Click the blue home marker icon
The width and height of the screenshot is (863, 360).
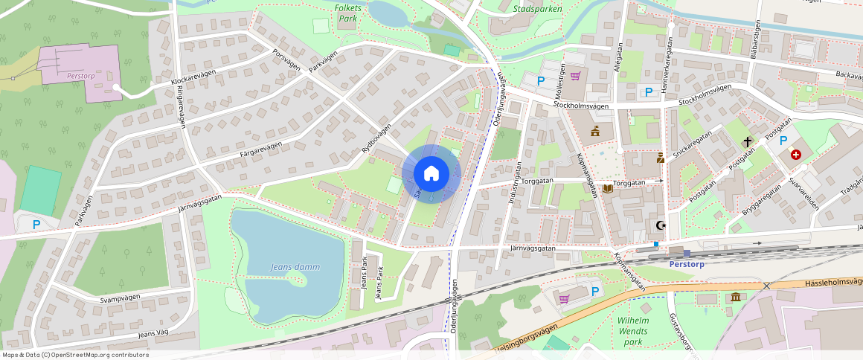[431, 174]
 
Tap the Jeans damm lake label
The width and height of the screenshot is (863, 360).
[295, 267]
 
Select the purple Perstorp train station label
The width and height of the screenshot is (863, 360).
[687, 264]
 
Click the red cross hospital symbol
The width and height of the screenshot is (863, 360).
[796, 154]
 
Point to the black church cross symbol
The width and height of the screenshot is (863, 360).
[747, 141]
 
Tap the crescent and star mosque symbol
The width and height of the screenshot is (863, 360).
[659, 225]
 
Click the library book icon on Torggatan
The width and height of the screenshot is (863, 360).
[608, 189]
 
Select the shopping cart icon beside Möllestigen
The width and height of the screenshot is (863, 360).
[575, 75]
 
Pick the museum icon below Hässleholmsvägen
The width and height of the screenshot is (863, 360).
[736, 298]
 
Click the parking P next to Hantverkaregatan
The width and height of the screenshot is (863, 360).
[649, 91]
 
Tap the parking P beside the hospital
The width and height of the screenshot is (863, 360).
[783, 141]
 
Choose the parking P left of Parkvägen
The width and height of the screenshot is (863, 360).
[36, 224]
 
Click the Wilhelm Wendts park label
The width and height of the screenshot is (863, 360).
[633, 331]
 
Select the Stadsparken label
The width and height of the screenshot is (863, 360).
[537, 9]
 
